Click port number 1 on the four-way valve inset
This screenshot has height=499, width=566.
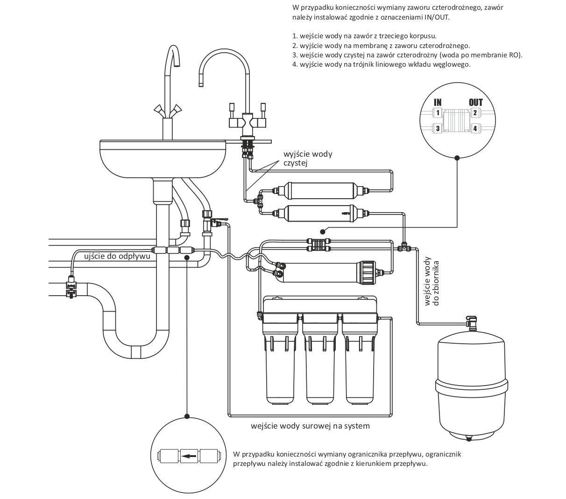(x=437, y=113)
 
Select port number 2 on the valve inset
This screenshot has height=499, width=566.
(x=475, y=113)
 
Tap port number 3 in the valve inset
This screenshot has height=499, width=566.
(x=437, y=128)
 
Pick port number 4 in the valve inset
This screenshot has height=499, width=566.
(x=475, y=128)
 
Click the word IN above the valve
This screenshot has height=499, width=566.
(x=438, y=103)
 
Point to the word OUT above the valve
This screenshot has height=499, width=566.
(x=475, y=103)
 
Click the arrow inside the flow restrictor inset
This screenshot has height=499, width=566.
(x=189, y=457)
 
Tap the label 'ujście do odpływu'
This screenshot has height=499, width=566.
(x=117, y=256)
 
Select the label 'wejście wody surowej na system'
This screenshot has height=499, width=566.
(x=310, y=426)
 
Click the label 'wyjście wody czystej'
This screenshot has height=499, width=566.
(x=308, y=158)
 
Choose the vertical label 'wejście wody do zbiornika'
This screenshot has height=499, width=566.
(x=432, y=283)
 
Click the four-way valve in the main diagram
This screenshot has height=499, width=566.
(x=318, y=244)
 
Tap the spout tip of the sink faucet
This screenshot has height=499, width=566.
(x=176, y=64)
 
